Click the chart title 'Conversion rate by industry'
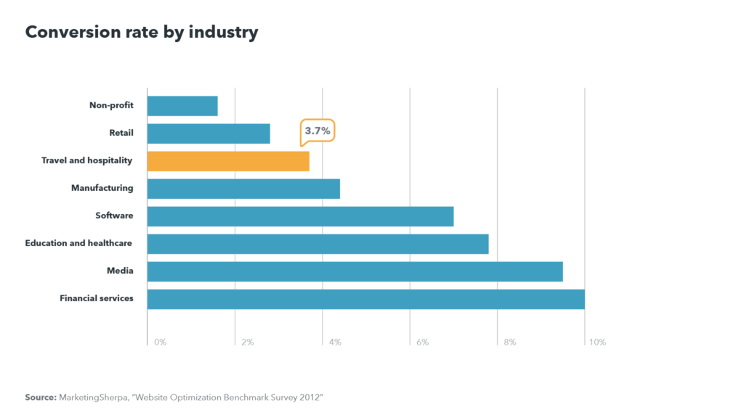click(142, 33)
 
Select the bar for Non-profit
click(182, 106)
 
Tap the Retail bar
click(209, 134)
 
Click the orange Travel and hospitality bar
click(228, 161)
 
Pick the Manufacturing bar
click(243, 189)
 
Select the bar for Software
click(300, 216)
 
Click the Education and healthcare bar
click(318, 244)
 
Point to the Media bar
click(355, 271)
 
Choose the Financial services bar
click(365, 299)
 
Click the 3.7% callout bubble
click(318, 131)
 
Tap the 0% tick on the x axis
click(160, 343)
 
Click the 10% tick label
click(597, 343)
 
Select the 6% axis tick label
click(422, 343)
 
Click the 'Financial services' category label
click(96, 298)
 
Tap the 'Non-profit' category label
click(111, 105)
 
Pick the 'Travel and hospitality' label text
click(86, 160)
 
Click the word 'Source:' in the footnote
click(40, 398)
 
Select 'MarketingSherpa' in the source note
click(91, 398)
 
